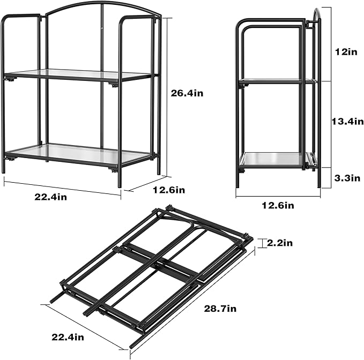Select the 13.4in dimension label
pyautogui.click(x=345, y=122)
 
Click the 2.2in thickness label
pyautogui.click(x=280, y=243)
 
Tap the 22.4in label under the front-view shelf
pyautogui.click(x=51, y=197)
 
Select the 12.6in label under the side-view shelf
pyautogui.click(x=278, y=205)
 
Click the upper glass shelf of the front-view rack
pyautogui.click(x=80, y=75)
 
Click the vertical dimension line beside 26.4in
pyautogui.click(x=172, y=96)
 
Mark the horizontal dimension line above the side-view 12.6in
pyautogui.click(x=278, y=195)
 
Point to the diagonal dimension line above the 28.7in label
pyautogui.click(x=193, y=300)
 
